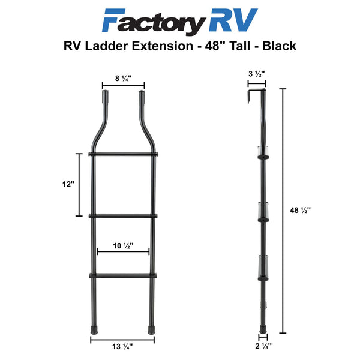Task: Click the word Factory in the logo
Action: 154,21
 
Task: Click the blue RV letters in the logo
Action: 233,20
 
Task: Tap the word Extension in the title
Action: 163,46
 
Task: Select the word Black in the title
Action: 279,46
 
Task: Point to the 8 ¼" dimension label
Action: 123,79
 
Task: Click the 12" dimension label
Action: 68,184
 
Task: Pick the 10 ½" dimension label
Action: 123,246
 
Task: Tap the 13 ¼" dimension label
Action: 122,346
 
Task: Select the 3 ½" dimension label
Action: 257,74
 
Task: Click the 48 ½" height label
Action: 301,210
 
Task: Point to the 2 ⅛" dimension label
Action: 263,346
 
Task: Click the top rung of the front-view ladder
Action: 123,154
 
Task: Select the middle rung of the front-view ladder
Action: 123,216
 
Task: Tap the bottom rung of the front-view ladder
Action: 123,276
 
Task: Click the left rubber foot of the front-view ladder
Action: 94,329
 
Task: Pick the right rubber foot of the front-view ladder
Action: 151,329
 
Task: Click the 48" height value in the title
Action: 214,46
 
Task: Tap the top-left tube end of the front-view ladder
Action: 106,92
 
